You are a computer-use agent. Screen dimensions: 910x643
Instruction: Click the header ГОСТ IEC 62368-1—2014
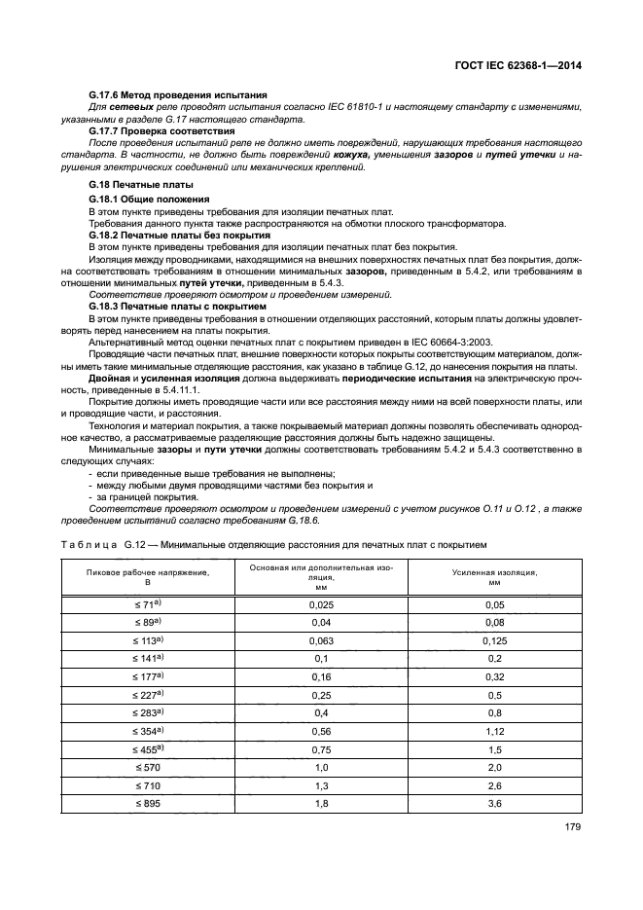tap(525, 67)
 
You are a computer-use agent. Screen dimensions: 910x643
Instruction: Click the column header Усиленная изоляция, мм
tap(493, 578)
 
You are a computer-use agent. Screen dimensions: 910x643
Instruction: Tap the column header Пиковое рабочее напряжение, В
tap(149, 578)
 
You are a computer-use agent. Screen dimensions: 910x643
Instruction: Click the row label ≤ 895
tap(149, 803)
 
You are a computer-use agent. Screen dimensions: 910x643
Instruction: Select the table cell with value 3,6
tap(493, 803)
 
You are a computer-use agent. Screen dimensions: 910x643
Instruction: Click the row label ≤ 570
tap(149, 767)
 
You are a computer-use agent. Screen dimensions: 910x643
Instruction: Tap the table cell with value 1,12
tap(493, 731)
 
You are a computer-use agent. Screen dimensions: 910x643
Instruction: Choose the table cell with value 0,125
tap(493, 640)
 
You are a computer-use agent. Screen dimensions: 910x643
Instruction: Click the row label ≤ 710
tap(149, 785)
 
